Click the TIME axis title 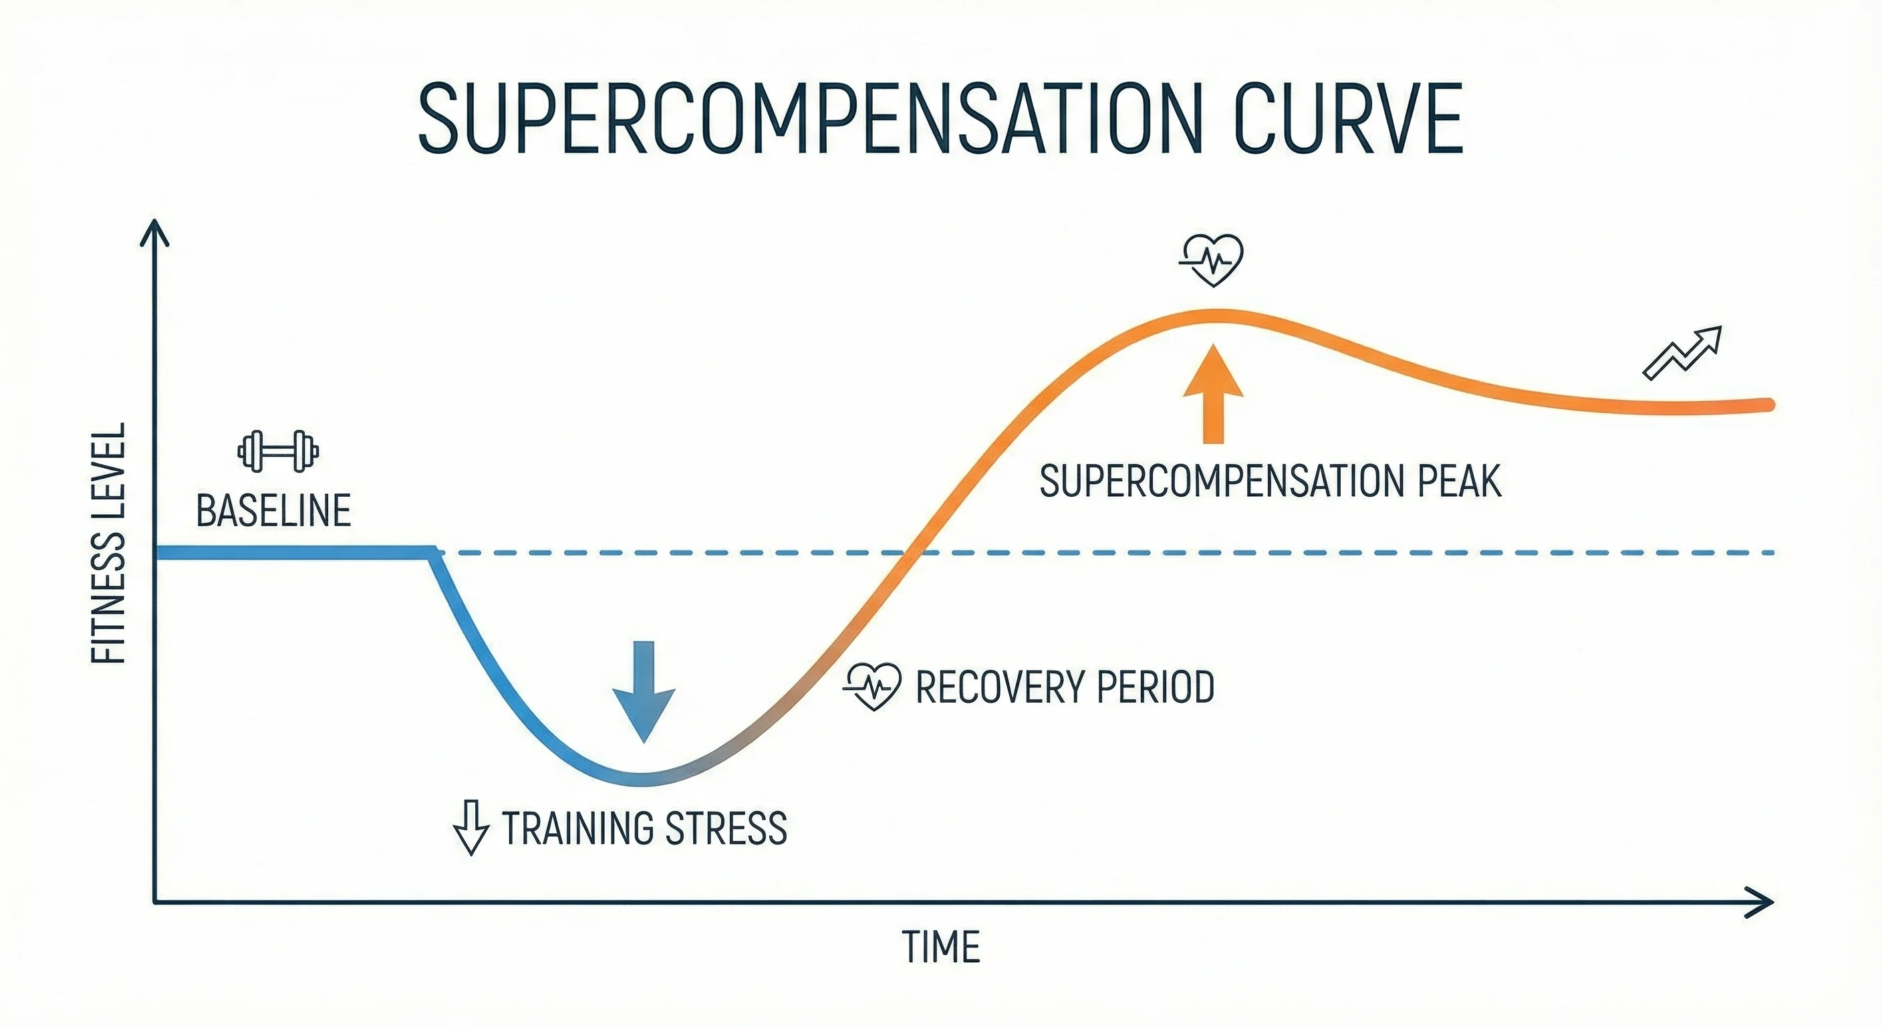tap(940, 947)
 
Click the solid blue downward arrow tap(643, 691)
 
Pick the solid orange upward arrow tap(1213, 394)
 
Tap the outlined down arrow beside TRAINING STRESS tap(471, 828)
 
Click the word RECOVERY tap(1001, 687)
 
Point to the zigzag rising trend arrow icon tap(1682, 353)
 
